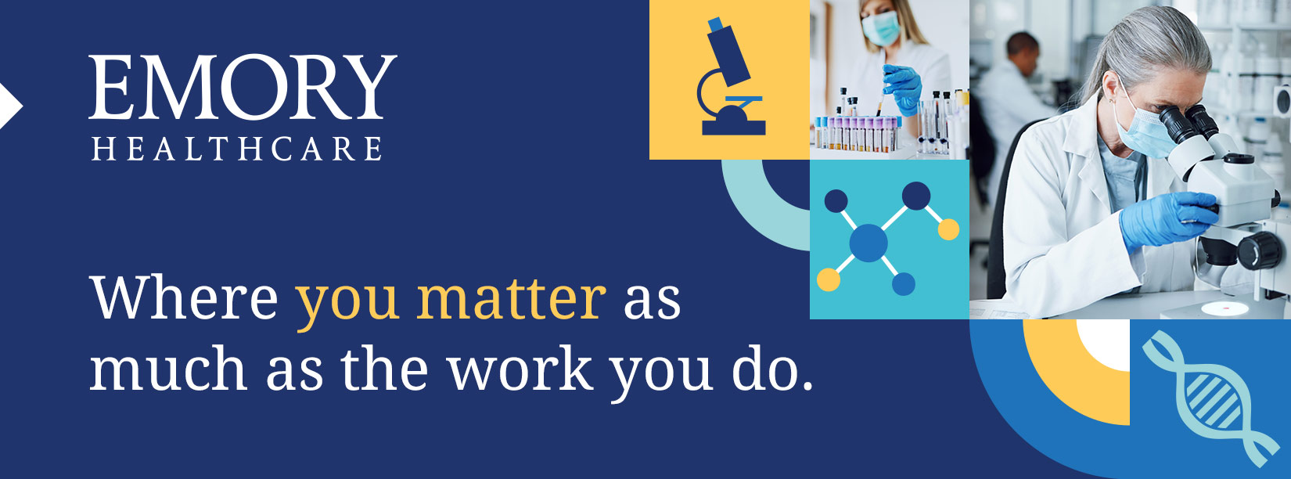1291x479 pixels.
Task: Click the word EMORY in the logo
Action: coord(243,87)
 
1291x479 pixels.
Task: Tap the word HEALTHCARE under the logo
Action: coord(237,149)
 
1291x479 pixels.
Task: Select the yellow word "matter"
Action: coord(511,299)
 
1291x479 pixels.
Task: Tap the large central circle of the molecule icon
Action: coord(868,243)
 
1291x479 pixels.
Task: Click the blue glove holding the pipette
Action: coord(902,88)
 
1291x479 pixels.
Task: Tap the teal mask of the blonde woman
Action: coord(881,27)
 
